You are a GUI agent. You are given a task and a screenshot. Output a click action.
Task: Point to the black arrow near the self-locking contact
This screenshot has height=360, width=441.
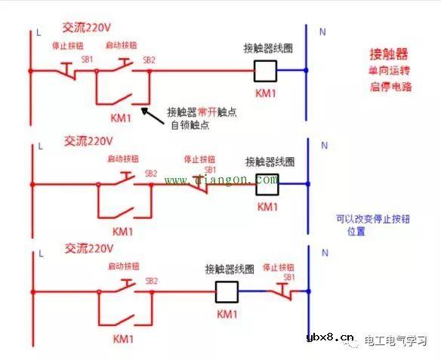click(155, 114)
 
